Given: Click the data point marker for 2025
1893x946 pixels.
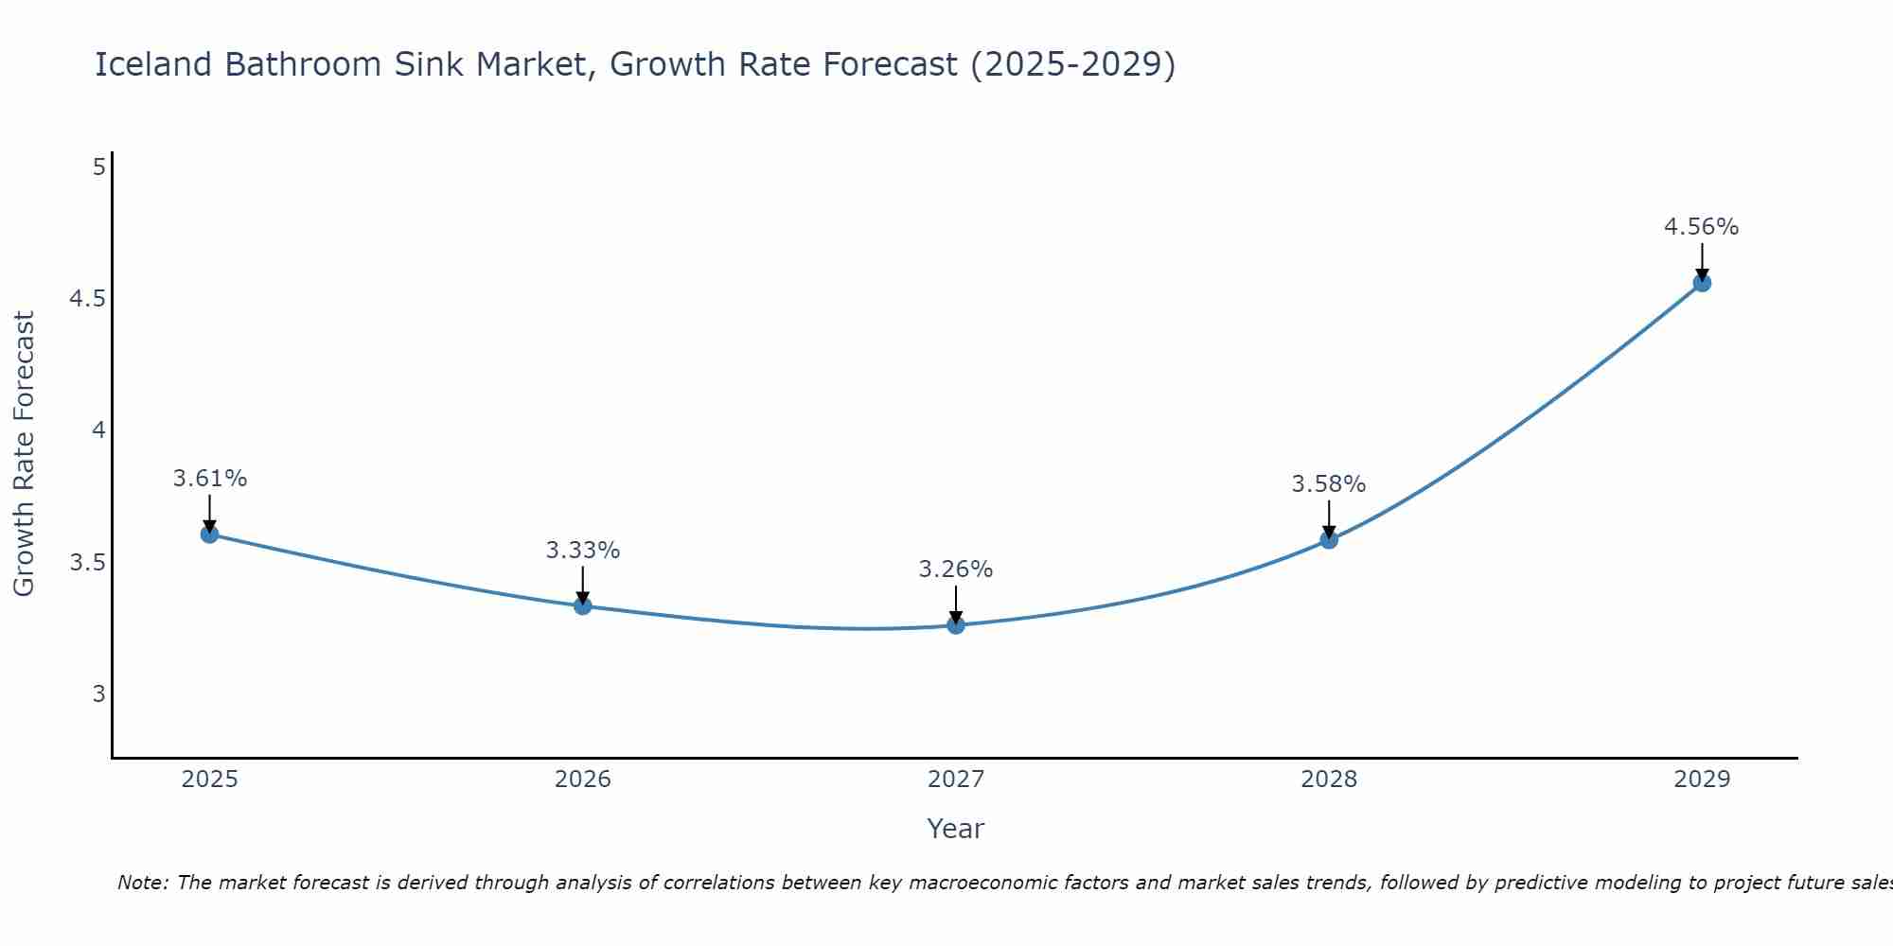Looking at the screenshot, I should (x=209, y=534).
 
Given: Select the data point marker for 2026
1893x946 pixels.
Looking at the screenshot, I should (x=583, y=606).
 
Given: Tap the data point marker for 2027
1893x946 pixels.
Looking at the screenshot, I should (x=956, y=625).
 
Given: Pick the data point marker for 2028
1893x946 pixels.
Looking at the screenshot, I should (x=1329, y=540).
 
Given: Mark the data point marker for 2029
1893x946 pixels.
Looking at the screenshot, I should (x=1702, y=283).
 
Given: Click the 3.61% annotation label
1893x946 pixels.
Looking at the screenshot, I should (x=209, y=479).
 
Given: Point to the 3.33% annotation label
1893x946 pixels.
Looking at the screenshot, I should (x=583, y=551).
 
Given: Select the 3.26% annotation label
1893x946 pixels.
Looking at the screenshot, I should (x=956, y=569).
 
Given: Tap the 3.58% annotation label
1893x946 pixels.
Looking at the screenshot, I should (x=1329, y=484).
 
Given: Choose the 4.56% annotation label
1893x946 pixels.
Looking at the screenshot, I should (x=1702, y=227).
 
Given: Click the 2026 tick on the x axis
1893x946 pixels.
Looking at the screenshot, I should (x=583, y=780).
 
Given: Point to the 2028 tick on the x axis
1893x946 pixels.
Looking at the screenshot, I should (x=1329, y=780).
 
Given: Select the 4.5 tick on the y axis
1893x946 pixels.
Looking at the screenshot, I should (x=87, y=299).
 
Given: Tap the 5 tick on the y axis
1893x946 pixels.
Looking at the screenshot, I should (x=98, y=167).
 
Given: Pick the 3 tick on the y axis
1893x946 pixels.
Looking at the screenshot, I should (x=98, y=694).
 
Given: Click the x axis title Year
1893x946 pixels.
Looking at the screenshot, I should (x=956, y=829).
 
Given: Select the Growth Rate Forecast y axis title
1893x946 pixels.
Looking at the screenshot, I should (x=24, y=454).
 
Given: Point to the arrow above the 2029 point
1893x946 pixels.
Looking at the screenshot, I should (x=1702, y=260).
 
